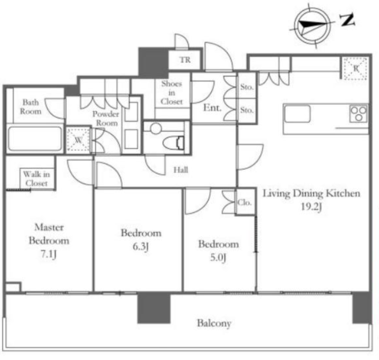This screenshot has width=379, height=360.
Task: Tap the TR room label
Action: point(185,60)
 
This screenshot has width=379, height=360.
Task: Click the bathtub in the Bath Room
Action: point(35,138)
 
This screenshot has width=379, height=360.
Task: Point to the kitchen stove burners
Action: point(359,114)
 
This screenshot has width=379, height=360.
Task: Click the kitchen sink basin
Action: point(297,114)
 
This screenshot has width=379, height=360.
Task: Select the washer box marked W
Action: point(78,140)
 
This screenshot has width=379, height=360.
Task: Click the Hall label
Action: point(181,170)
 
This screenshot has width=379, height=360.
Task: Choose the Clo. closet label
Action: point(244,202)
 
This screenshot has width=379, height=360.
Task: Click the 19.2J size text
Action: point(312,206)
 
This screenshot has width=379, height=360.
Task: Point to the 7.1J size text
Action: point(48,254)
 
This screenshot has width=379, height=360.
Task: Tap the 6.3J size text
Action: point(141,246)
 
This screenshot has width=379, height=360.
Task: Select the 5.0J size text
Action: point(218,258)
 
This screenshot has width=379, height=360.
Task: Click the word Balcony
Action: point(214,323)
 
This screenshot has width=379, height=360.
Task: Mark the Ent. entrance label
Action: point(212,108)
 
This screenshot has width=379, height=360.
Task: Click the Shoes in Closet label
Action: point(172,92)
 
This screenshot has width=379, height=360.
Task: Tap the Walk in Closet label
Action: point(37,179)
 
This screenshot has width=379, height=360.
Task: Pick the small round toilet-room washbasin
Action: point(156,128)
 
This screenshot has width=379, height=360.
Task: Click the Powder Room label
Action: point(106,118)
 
